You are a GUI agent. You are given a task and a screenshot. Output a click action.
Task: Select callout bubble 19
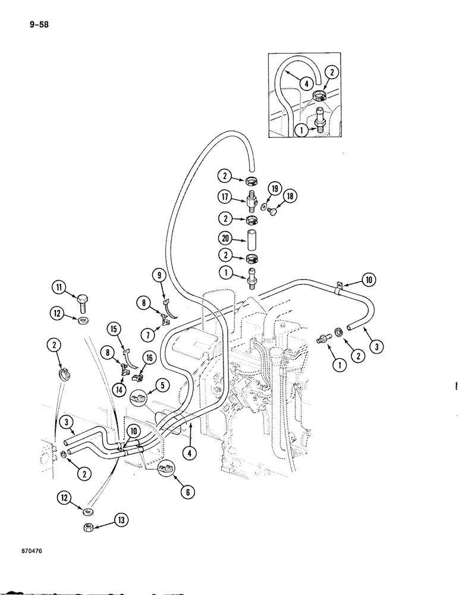pos(274,190)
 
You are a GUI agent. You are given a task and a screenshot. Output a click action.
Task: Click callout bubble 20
pos(224,239)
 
